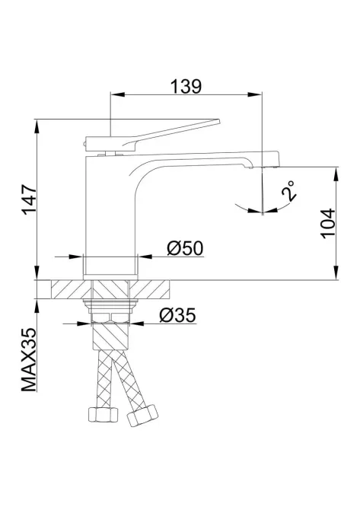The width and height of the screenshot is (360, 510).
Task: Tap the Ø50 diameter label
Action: point(184,247)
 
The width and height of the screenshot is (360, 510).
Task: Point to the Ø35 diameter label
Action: point(178,315)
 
